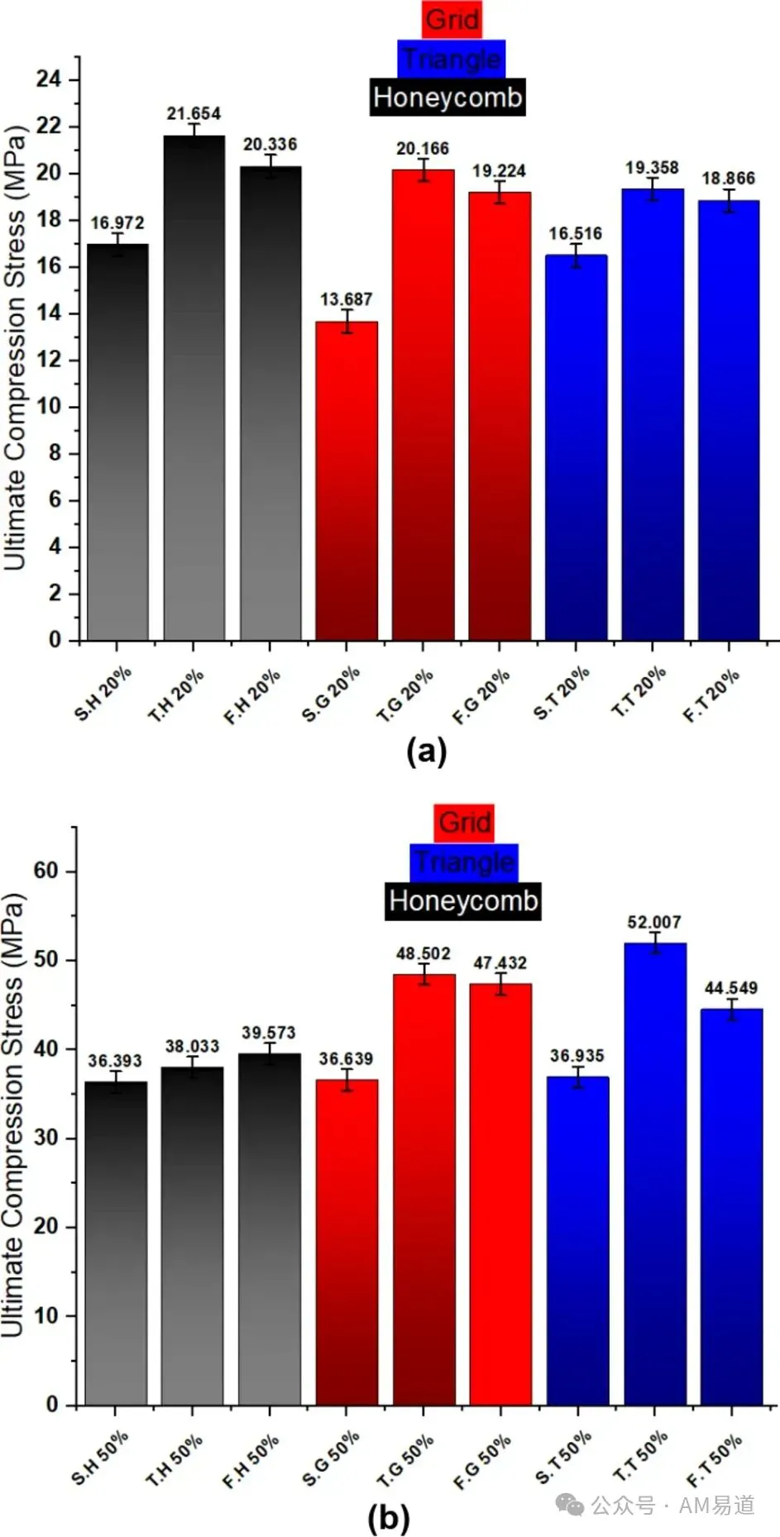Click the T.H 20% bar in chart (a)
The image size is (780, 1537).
click(194, 388)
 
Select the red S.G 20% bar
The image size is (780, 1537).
click(347, 481)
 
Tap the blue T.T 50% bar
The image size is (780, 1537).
click(655, 1174)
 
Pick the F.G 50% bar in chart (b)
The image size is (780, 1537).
click(501, 1195)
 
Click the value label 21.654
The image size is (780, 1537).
click(194, 114)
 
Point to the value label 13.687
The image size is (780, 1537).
click(347, 299)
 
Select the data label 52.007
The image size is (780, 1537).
click(654, 922)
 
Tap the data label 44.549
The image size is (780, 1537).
click(731, 988)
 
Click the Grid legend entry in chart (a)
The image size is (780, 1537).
click(452, 19)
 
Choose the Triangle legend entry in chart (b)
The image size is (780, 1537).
click(464, 862)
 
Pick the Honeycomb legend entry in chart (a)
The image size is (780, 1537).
click(447, 97)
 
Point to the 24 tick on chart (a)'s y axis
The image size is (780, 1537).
click(49, 79)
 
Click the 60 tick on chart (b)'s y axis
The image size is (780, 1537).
click(46, 871)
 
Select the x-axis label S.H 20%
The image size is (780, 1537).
click(103, 694)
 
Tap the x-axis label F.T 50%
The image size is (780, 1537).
click(715, 1460)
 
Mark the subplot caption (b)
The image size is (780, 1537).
click(388, 1518)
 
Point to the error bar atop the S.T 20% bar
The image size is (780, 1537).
click(576, 255)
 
